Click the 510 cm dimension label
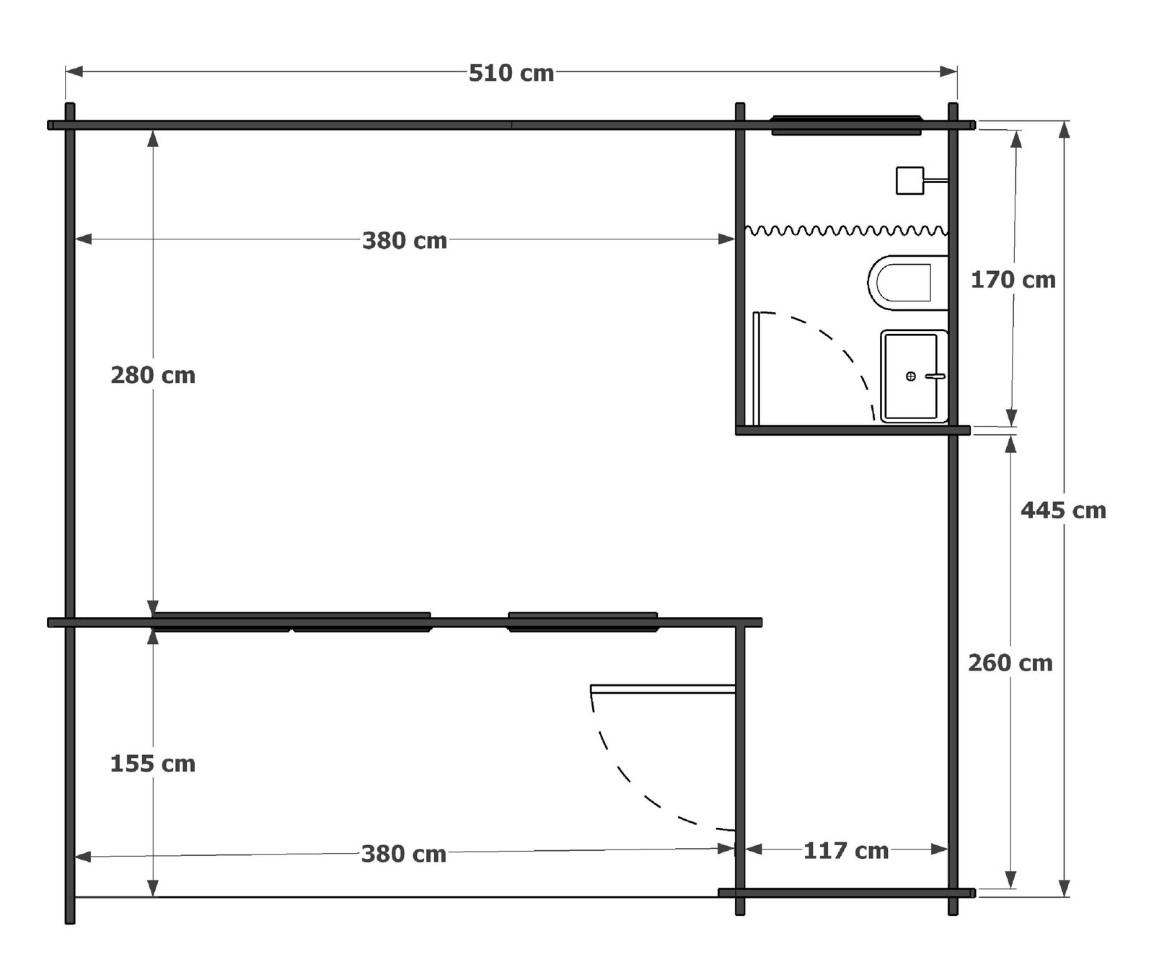pos(511,73)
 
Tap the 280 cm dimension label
pos(153,375)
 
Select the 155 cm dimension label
pos(153,764)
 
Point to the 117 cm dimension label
pos(846,851)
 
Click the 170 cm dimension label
pos(1013,280)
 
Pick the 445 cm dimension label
pos(1063,511)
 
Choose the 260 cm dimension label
pos(1010,663)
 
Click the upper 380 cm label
pos(405,240)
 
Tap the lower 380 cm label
pos(404,854)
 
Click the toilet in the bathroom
pos(907,283)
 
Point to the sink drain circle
pos(911,376)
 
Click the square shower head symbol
pos(910,180)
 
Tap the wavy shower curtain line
pos(846,231)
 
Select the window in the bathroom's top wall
pos(847,125)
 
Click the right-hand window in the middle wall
pos(583,622)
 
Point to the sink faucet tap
pos(935,376)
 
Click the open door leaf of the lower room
pos(663,689)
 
